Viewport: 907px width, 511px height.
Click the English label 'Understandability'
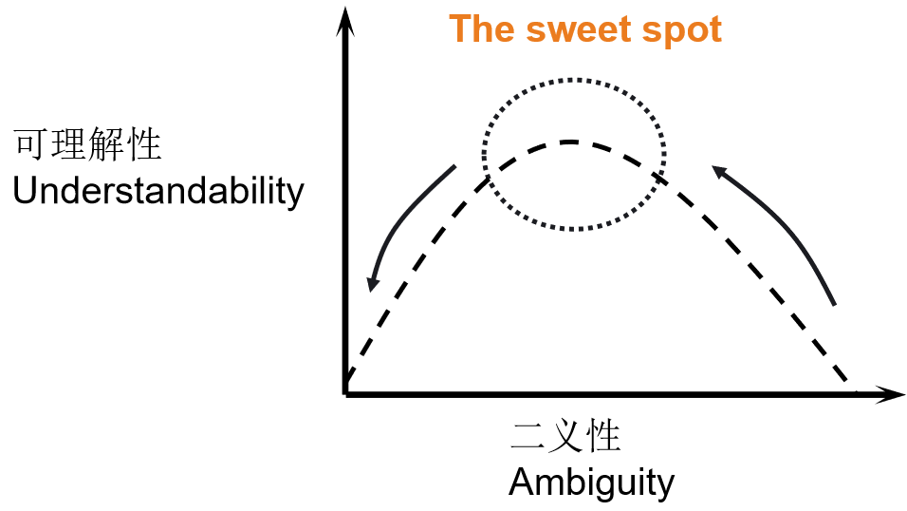[x=158, y=192]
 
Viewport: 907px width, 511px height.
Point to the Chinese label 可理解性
[x=87, y=145]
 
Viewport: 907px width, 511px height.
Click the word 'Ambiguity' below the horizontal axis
[x=591, y=483]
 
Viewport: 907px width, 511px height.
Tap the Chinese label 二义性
[x=565, y=437]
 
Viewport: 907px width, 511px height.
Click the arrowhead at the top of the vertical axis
[x=347, y=16]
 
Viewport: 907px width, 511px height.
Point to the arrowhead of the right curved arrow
[x=718, y=173]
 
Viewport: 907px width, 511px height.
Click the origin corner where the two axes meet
[x=347, y=392]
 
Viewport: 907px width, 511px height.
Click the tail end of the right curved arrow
[x=834, y=304]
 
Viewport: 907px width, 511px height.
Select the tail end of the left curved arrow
[x=456, y=167]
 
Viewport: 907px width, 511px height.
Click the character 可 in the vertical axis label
[x=29, y=145]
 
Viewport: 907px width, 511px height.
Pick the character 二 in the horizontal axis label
[x=528, y=437]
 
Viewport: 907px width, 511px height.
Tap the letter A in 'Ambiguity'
[x=520, y=483]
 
